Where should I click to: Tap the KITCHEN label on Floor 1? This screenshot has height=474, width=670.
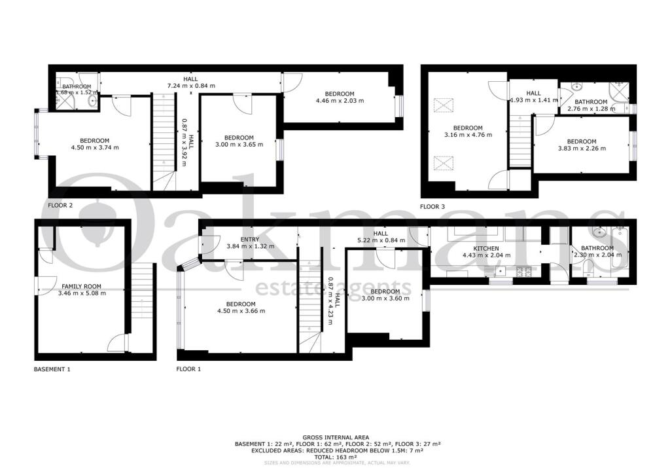(486, 249)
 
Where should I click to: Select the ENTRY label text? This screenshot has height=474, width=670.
(249, 240)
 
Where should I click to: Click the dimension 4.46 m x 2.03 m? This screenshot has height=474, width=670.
(340, 101)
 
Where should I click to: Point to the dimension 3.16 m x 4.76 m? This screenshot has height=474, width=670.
(468, 135)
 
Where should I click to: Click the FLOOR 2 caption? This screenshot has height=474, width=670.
(60, 205)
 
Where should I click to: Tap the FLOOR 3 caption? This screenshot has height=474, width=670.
(432, 207)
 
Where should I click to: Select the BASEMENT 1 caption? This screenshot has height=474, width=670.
(52, 369)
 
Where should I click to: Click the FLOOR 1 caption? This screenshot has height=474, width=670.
(188, 369)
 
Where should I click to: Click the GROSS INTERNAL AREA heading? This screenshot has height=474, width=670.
(335, 437)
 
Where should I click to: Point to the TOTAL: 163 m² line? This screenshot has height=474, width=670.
(335, 457)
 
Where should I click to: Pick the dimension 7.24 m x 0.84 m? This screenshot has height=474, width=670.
(191, 86)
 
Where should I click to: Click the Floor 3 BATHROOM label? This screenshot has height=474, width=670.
(591, 102)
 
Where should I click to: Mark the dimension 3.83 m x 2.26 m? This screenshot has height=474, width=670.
(581, 149)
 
